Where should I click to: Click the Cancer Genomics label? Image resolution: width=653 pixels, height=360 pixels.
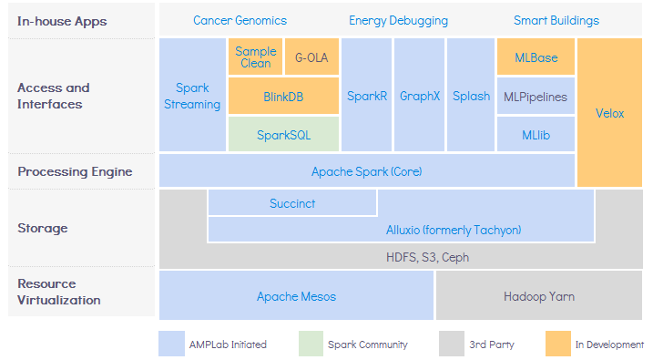[x=240, y=20]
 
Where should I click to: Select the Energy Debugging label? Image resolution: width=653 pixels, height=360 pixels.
[x=398, y=21]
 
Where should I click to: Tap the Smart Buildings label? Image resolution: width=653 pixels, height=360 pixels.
[x=556, y=20]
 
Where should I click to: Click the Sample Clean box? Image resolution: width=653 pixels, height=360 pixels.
[x=255, y=57]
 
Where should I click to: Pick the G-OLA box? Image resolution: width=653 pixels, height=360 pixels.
[x=311, y=57]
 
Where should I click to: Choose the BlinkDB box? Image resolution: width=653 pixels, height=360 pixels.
[x=283, y=96]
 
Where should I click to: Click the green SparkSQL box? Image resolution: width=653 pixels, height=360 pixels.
[x=283, y=134]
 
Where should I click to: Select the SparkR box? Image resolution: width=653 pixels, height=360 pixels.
[x=366, y=95]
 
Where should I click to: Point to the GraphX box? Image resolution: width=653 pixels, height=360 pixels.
[x=419, y=95]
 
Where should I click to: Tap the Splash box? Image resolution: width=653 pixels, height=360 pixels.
[x=471, y=95]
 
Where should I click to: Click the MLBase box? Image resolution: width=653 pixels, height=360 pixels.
[x=536, y=57]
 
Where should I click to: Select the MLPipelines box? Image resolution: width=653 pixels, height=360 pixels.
[x=536, y=96]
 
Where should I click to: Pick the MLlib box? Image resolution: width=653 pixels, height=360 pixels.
[x=536, y=134]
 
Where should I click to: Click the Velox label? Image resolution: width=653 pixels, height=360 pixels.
[x=609, y=113]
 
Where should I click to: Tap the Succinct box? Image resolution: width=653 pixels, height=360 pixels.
[x=292, y=203]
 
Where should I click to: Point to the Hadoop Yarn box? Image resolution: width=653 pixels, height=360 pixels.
[x=539, y=295]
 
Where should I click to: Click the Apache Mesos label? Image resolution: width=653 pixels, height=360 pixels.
[x=296, y=296]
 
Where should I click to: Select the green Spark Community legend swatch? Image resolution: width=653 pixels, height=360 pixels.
[x=311, y=344]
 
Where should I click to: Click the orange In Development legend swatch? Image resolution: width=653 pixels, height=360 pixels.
[x=558, y=344]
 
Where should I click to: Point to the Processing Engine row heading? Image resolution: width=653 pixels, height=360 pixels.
[x=75, y=171]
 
